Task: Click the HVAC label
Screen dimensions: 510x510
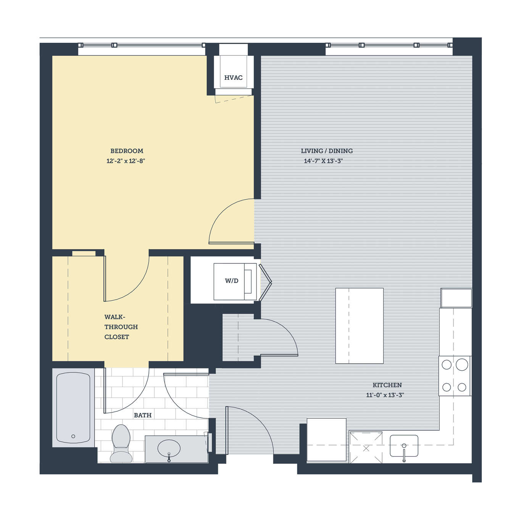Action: (233, 77)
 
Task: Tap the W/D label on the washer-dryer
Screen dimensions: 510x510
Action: (232, 281)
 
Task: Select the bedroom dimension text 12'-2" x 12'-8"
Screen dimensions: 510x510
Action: (126, 161)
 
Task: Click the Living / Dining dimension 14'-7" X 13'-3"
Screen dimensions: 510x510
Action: (323, 161)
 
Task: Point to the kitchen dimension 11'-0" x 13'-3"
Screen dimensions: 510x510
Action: (385, 395)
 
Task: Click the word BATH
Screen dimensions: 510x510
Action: (143, 415)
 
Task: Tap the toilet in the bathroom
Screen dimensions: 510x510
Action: (121, 443)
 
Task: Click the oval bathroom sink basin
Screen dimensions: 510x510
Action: (169, 448)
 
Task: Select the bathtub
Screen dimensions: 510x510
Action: (73, 408)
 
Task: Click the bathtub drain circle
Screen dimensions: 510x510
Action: (73, 436)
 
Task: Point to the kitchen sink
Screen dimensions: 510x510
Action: (404, 446)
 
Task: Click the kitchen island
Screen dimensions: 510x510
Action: (360, 326)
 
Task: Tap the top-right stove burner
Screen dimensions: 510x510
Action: (462, 365)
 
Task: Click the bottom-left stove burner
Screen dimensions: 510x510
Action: (447, 387)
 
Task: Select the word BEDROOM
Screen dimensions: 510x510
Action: (127, 151)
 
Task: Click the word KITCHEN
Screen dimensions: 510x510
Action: (387, 385)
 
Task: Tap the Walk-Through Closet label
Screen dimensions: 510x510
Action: (121, 327)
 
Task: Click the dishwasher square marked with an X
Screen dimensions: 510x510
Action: (366, 447)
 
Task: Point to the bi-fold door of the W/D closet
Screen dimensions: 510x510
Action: (266, 282)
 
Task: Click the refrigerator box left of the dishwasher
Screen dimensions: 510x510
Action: (327, 441)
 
